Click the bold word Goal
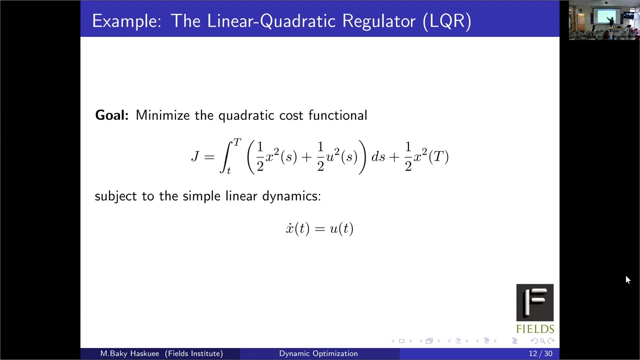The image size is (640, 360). (111, 115)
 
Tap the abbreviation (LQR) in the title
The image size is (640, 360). (446, 21)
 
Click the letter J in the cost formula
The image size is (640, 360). (195, 156)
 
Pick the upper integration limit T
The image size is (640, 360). (237, 143)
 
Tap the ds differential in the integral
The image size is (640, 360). (378, 156)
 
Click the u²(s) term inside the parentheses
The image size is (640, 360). (342, 156)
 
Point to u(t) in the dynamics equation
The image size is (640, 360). (341, 228)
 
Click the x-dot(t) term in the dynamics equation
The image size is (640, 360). (297, 228)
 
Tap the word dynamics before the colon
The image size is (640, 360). (291, 196)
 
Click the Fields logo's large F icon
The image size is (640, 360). (535, 302)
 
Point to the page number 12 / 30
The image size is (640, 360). (540, 353)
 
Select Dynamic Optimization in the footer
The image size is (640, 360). (318, 353)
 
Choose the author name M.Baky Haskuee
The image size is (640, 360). (129, 353)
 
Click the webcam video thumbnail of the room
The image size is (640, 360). (604, 20)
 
